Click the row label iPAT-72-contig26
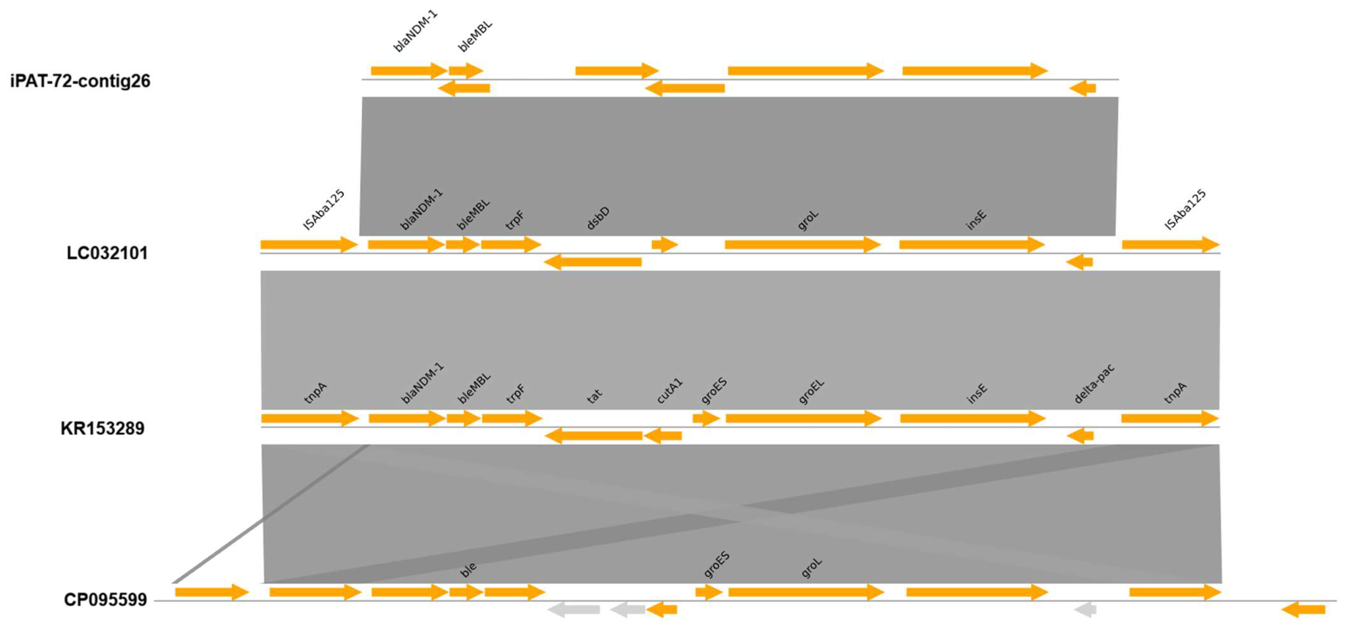click(80, 81)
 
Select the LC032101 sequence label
click(107, 253)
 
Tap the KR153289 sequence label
click(102, 428)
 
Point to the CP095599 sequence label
click(105, 600)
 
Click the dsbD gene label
click(598, 218)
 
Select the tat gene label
click(594, 396)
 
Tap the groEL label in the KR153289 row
click(811, 392)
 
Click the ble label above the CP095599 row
click(468, 569)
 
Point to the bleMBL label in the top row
click(475, 36)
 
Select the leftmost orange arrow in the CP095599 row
click(212, 592)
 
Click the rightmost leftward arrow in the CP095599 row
click(1303, 609)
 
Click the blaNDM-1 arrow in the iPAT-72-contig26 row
click(409, 71)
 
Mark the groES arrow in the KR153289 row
click(706, 418)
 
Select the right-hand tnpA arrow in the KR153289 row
click(1169, 418)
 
